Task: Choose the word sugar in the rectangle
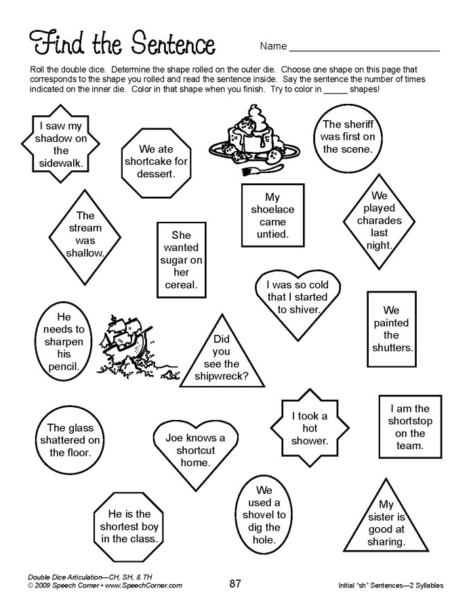pos(176,260)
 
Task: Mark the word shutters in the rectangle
pos(391,347)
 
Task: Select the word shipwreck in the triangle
pos(222,376)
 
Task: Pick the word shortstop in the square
pos(409,421)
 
